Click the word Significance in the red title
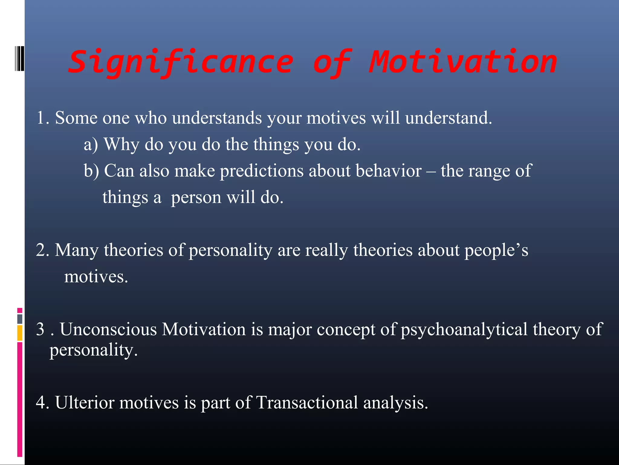pyautogui.click(x=181, y=62)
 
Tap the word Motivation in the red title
pyautogui.click(x=463, y=62)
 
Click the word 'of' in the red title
pyautogui.click(x=332, y=62)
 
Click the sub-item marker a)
pyautogui.click(x=91, y=144)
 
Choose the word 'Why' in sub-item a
pyautogui.click(x=121, y=144)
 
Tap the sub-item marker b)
pyautogui.click(x=91, y=171)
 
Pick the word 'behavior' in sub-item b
pyautogui.click(x=388, y=171)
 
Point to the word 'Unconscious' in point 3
pyautogui.click(x=108, y=329)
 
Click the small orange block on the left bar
pyautogui.click(x=20, y=333)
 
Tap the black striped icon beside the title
pyautogui.click(x=19, y=59)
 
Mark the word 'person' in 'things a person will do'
pyautogui.click(x=196, y=198)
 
